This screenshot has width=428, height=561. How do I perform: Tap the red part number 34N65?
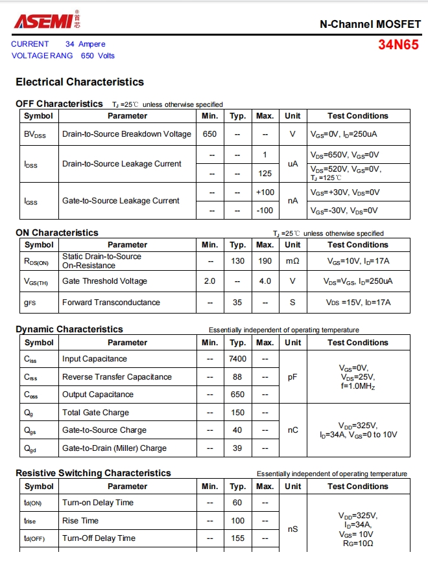[x=399, y=45]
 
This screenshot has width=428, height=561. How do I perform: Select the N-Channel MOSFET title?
[x=370, y=24]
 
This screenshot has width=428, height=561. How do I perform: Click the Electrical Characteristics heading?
[x=80, y=82]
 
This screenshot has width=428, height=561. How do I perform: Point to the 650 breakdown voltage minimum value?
[x=209, y=134]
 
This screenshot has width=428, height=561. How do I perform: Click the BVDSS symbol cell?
[x=35, y=135]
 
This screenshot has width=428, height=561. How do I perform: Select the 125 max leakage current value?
[x=265, y=174]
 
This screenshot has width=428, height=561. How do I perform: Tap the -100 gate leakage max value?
[x=265, y=211]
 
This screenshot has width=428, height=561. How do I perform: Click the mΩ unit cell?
[x=292, y=261]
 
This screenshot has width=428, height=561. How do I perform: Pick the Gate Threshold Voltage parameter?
[x=104, y=281]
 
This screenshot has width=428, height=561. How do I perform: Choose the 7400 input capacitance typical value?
[x=238, y=359]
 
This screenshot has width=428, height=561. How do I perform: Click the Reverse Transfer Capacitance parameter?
[x=117, y=377]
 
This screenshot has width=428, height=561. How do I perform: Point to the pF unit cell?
[x=292, y=376]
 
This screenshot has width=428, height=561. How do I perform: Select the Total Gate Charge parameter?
[x=95, y=413]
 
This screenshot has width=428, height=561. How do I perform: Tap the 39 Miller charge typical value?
[x=237, y=448]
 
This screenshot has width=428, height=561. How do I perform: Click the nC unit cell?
[x=292, y=430]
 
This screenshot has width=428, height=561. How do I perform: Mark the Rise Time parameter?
[x=80, y=521]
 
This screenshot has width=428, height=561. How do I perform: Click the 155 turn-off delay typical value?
[x=237, y=538]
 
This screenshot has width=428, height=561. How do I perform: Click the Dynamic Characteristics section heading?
[x=69, y=329]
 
